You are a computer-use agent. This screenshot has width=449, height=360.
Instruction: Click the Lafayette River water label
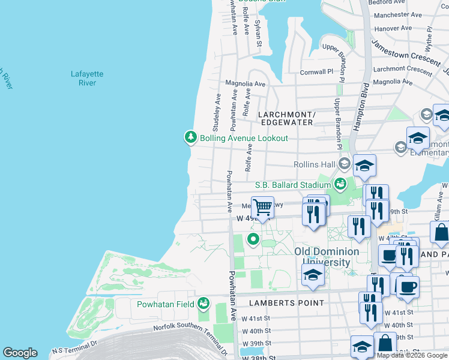coord(87,79)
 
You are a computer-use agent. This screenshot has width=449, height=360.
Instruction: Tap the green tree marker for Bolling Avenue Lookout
coord(191,138)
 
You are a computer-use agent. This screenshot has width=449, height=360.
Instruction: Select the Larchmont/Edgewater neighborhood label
coord(286,118)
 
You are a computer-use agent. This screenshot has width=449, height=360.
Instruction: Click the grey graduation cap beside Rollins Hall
coord(344,164)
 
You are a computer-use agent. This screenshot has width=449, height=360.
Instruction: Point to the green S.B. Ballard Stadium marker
coord(340,184)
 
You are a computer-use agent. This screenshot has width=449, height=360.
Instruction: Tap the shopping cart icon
coord(262,208)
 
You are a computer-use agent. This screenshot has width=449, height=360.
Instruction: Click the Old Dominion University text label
coord(322,257)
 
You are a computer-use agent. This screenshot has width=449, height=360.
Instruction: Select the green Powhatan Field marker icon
coord(204,304)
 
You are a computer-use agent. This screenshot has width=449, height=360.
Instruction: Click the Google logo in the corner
coord(20,353)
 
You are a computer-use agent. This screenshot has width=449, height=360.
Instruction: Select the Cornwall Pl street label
coord(316,72)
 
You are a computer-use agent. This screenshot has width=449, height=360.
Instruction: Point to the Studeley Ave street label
coord(217,112)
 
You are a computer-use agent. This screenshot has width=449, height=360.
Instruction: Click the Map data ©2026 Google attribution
coord(412,355)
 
